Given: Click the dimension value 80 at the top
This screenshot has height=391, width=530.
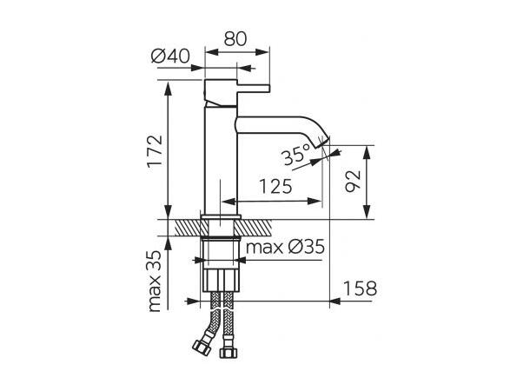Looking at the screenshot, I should [x=235, y=38].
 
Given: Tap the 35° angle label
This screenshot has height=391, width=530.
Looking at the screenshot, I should [x=295, y=156].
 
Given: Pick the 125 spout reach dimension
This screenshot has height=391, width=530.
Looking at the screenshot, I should [x=274, y=186].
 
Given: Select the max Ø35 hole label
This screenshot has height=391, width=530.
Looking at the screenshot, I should [x=284, y=248].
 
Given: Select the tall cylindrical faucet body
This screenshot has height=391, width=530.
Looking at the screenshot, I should [x=221, y=156].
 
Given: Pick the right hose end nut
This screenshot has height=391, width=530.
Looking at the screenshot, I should [x=230, y=352].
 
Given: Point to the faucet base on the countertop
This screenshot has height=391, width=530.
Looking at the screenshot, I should [x=221, y=215].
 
